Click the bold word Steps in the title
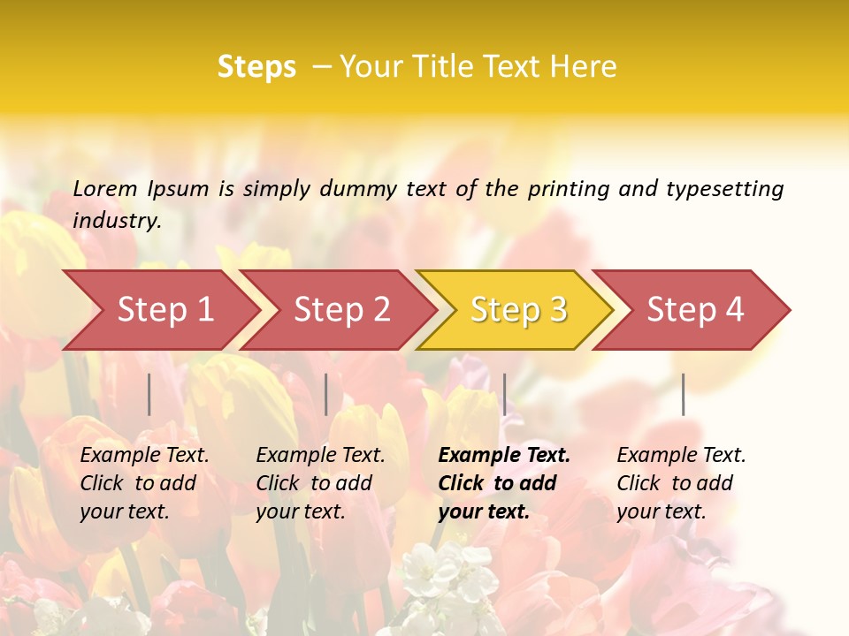click(x=256, y=67)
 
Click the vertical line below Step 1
click(x=149, y=394)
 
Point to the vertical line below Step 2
click(x=326, y=394)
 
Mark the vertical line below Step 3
click(x=504, y=394)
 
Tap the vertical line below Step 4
click(x=683, y=394)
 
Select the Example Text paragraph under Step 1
click(x=144, y=483)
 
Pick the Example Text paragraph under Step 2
click(x=320, y=483)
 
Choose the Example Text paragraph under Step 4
click(x=681, y=483)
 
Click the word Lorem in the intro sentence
click(x=105, y=188)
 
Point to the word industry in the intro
click(x=116, y=221)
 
